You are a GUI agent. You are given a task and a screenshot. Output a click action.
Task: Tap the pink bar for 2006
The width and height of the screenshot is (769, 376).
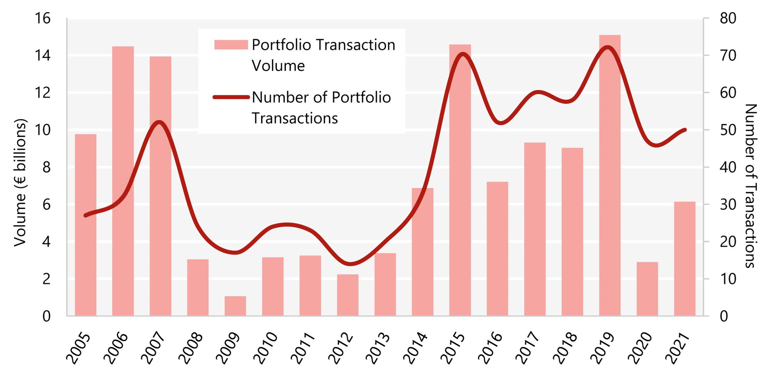pyautogui.click(x=123, y=181)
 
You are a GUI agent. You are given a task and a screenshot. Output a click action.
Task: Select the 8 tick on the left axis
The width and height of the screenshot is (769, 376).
pyautogui.click(x=46, y=167)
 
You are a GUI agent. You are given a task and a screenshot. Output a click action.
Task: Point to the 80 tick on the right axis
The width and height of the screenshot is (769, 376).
pyautogui.click(x=727, y=18)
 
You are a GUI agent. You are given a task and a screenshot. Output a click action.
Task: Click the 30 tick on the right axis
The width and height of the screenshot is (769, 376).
pyautogui.click(x=727, y=204)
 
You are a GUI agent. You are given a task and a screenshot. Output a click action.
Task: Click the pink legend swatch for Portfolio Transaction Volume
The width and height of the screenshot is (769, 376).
pyautogui.click(x=231, y=45)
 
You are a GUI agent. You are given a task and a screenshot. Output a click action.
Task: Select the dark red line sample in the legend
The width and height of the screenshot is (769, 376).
pyautogui.click(x=231, y=97)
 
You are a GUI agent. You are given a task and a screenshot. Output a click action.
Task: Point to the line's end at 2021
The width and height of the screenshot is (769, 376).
pyautogui.click(x=684, y=130)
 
